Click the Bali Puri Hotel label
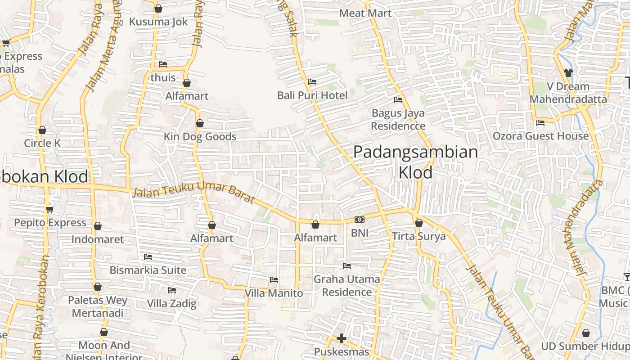[312, 95]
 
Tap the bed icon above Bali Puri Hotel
[312, 82]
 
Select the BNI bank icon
[359, 220]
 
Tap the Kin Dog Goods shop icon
[200, 123]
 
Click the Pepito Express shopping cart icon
[50, 210]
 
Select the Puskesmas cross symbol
[342, 338]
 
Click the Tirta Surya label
[418, 236]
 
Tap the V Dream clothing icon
[568, 72]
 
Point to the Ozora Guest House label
[540, 136]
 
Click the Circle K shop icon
[42, 130]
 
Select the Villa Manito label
[274, 293]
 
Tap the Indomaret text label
[98, 239]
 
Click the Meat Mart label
[365, 13]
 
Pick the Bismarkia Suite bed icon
[148, 257]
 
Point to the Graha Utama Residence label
[346, 285]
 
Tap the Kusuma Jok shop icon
[158, 9]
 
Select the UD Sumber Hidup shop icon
[585, 333]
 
